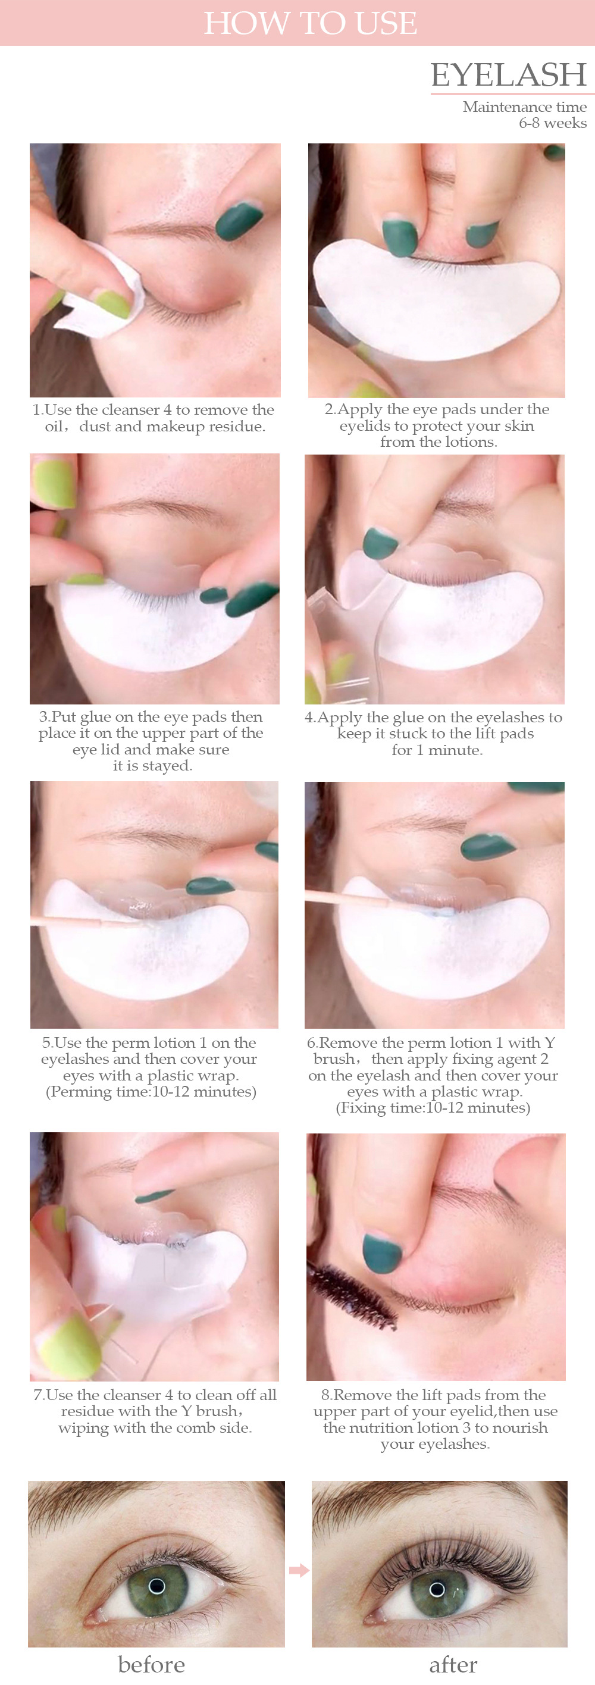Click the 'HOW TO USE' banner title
click(310, 23)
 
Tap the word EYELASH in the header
click(509, 74)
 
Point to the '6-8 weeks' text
click(553, 123)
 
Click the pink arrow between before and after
click(299, 1570)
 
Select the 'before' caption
click(151, 1665)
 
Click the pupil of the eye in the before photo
click(156, 1586)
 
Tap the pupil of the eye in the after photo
click(437, 1589)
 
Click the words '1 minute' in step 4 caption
click(455, 750)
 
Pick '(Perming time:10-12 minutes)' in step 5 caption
click(151, 1092)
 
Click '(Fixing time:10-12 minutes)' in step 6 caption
click(433, 1108)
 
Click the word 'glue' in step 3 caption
click(95, 718)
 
